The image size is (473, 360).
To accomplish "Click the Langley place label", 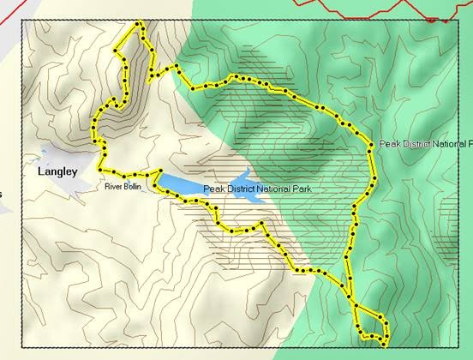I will (57, 171).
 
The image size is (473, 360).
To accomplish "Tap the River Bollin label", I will (123, 186).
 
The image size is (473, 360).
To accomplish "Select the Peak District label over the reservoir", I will (256, 189).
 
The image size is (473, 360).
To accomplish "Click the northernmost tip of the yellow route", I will (138, 23).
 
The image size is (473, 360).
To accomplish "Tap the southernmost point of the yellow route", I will (383, 345).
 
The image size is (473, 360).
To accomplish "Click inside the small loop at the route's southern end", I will (369, 325).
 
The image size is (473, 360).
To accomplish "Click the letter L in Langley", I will (41, 171).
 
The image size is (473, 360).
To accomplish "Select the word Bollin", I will (132, 186).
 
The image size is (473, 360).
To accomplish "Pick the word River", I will (112, 186).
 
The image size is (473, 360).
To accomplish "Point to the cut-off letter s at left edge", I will (1, 194).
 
